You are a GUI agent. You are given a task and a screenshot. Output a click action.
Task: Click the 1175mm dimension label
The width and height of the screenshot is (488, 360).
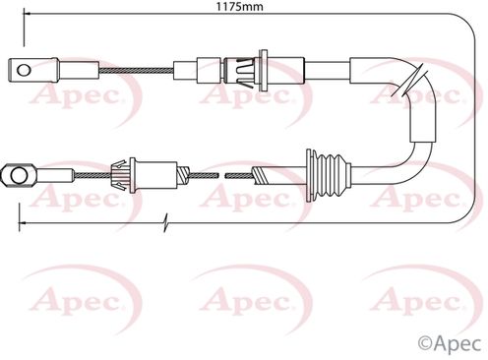pyautogui.click(x=239, y=6)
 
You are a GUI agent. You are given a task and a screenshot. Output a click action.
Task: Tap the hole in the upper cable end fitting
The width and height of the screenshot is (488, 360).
pyautogui.click(x=24, y=70)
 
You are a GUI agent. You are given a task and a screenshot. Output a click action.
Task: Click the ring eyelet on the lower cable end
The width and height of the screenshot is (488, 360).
pyautogui.click(x=18, y=175)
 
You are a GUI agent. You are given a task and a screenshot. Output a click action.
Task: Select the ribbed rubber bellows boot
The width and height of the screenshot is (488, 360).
pyautogui.click(x=330, y=175)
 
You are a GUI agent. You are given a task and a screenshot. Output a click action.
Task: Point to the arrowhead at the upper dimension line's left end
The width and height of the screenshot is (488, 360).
pyautogui.click(x=28, y=14)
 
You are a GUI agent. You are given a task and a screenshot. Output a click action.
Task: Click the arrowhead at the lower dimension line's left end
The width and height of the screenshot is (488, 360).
pyautogui.click(x=23, y=223)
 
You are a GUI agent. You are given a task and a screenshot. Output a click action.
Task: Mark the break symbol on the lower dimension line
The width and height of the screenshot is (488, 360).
pyautogui.click(x=166, y=223)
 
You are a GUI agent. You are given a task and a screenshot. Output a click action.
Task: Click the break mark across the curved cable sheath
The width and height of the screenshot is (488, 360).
pyautogui.click(x=411, y=80)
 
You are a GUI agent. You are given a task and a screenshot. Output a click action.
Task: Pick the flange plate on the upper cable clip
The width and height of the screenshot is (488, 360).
pyautogui.click(x=263, y=70)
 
